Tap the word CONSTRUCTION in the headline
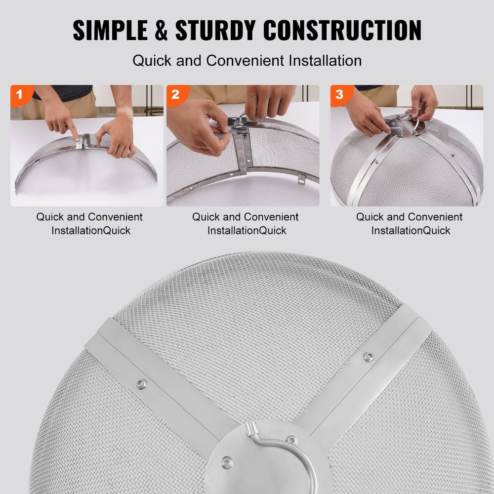(342, 31)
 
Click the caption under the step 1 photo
(89, 223)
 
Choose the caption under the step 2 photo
(246, 223)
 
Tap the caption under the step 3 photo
(410, 223)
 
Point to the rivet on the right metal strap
(368, 356)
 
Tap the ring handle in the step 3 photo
(417, 124)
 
